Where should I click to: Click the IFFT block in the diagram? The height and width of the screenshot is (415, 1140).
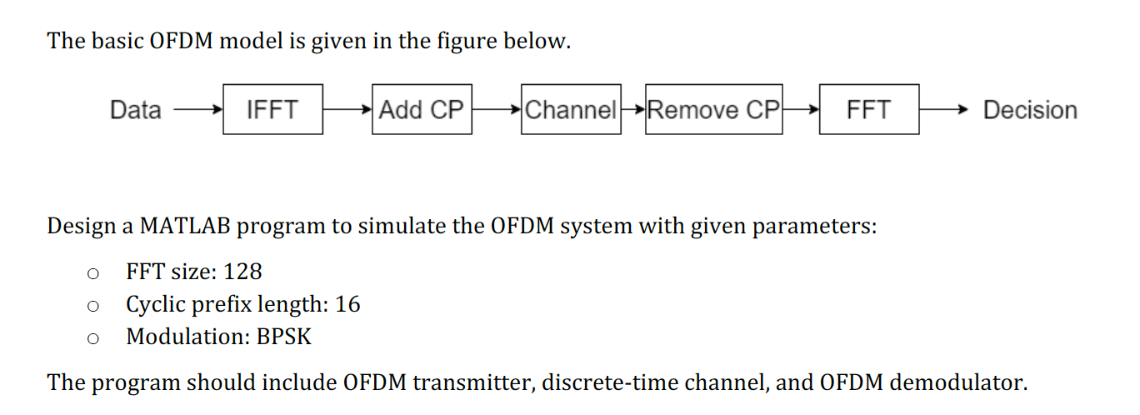pos(272,109)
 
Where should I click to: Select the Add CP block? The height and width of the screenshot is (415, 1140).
pos(422,109)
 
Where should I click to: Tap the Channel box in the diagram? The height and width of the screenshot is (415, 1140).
pos(571,109)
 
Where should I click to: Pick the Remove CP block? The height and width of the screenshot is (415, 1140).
pos(713,109)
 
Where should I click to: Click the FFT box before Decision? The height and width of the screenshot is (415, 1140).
pos(868,109)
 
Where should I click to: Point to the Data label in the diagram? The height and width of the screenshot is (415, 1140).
pos(135,110)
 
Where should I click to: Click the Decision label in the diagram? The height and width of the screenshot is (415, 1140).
pos(1030,110)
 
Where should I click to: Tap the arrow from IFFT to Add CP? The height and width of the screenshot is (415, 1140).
pos(347,110)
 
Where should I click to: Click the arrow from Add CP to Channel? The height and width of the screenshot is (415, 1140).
pos(497,110)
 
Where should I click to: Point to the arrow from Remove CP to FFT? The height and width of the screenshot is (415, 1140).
pos(801,110)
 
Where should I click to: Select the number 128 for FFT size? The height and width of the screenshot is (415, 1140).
pos(242,272)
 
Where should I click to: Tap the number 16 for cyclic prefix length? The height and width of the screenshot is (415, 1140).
pos(347,304)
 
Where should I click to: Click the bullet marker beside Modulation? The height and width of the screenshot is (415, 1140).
pos(93,337)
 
